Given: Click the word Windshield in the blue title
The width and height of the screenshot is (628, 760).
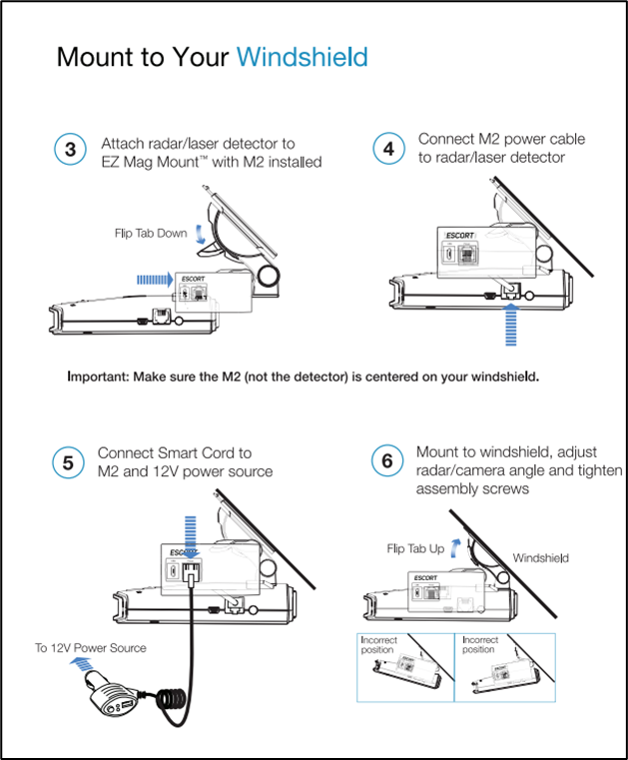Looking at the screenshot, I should coord(302,57).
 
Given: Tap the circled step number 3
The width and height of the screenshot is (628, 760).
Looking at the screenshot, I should coord(70,151).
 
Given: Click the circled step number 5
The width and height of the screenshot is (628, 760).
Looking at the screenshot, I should coord(68,463).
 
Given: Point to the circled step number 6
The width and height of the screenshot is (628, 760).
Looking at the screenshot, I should coord(387,462).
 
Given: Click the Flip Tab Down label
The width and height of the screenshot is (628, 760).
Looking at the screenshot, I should coord(151,234).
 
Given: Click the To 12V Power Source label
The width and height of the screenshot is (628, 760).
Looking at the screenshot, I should coord(91,648).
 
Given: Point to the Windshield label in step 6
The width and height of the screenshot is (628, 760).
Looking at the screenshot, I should coord(540,557).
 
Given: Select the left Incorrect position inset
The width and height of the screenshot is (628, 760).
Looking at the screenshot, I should coord(405,667).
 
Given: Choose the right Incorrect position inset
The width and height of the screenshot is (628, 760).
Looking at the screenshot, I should coord(505,667).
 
